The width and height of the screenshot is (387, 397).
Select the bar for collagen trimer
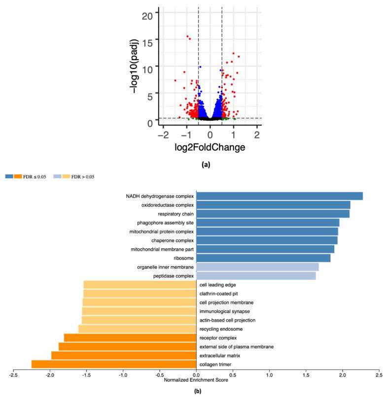pyautogui.click(x=114, y=364)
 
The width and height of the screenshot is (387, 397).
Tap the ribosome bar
pyautogui.click(x=263, y=258)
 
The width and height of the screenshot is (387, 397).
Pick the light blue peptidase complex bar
pyautogui.click(x=256, y=276)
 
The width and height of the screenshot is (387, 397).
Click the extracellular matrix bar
pyautogui.click(x=124, y=355)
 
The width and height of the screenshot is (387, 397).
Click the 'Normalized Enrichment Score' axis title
pyautogui.click(x=196, y=380)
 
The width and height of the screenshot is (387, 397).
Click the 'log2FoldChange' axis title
pyautogui.click(x=210, y=147)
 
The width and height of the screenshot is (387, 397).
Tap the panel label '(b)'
pyautogui.click(x=196, y=392)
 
